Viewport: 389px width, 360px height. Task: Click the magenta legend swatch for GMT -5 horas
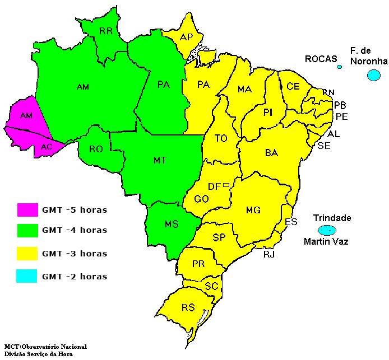point(27,210)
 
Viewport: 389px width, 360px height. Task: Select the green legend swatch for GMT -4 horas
point(27,230)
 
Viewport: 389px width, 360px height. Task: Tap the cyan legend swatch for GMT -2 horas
point(27,275)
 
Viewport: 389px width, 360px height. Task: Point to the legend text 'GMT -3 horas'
point(74,254)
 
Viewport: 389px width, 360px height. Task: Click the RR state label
point(106,31)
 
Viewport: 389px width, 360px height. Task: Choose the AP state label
point(187,37)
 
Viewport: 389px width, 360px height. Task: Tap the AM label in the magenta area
point(26,115)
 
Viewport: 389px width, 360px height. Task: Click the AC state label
point(47,147)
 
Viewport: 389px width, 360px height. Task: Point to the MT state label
point(160,160)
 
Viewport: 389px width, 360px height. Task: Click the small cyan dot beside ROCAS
point(339,67)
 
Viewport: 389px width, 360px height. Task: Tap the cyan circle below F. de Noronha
point(373,75)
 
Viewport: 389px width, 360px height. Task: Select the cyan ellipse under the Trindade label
point(327,230)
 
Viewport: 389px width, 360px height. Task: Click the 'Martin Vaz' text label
point(326,242)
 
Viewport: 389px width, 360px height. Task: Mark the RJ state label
point(269,255)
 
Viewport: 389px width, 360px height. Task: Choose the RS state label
point(188,307)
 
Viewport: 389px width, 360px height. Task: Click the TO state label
point(221,138)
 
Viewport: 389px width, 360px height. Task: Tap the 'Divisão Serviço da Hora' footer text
point(38,354)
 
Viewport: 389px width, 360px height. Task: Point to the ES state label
point(290,222)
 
